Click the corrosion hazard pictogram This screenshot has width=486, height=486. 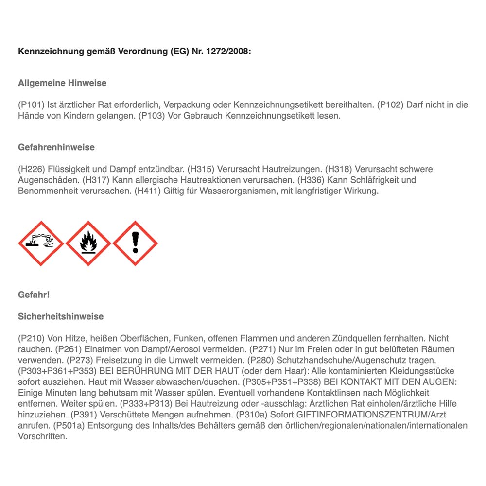coord(41,243)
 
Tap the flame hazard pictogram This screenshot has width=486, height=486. coord(88,243)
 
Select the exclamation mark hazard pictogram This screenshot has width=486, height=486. coord(135,243)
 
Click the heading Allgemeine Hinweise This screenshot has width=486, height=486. coord(62,83)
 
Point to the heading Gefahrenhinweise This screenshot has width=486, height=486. coord(56,147)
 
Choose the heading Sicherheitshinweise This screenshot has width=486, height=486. coord(61,317)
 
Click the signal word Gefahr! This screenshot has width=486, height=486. coord(34,295)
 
